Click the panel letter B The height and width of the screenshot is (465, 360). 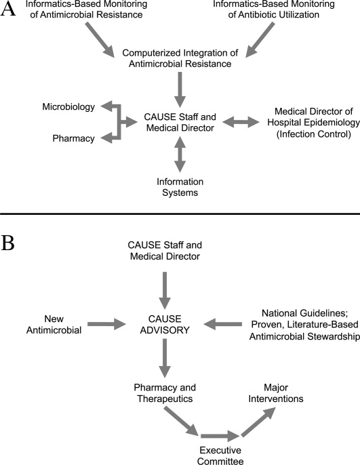[7, 243]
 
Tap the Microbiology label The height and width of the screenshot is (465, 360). [68, 107]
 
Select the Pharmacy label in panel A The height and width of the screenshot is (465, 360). [73, 138]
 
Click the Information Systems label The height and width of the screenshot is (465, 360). [180, 187]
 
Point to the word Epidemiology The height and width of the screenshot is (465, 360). [330, 123]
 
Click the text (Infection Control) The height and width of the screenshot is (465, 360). [314, 134]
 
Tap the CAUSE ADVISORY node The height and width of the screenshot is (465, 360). [165, 325]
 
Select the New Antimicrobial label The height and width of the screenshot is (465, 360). [54, 325]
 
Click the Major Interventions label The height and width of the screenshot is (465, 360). [276, 393]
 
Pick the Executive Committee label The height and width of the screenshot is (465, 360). [220, 456]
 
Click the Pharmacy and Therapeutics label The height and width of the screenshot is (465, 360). [165, 393]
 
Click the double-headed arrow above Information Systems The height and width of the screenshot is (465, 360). [180, 155]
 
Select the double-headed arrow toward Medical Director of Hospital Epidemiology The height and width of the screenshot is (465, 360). [241, 122]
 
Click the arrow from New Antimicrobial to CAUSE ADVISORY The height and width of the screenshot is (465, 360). [106, 324]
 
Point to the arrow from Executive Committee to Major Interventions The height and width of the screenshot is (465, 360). [258, 422]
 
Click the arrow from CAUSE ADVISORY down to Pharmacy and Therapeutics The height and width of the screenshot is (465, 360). [165, 358]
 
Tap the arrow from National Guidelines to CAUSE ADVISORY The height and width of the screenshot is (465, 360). [222, 324]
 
